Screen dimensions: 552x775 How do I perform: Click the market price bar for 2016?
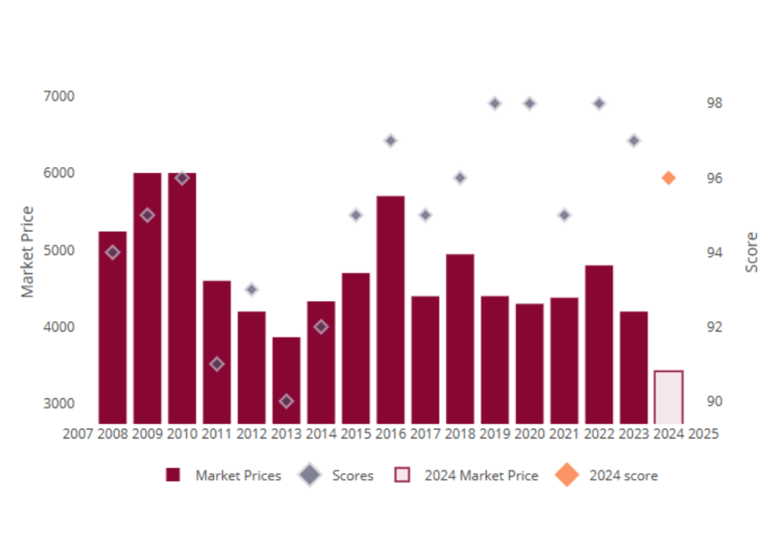[x=391, y=310]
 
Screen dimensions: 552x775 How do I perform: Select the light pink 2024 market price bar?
[x=668, y=397]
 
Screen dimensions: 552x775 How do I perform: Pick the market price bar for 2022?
[x=599, y=344]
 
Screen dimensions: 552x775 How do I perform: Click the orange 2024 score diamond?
[x=668, y=178]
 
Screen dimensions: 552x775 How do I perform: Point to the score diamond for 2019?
[x=495, y=104]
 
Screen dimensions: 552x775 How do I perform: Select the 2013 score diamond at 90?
[x=286, y=401]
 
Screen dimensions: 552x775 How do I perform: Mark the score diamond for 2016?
[x=391, y=141]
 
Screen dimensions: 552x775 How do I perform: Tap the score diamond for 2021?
[x=564, y=215]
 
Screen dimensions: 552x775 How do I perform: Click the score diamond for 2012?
[x=252, y=290]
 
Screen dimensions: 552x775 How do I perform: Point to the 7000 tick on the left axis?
[x=59, y=97]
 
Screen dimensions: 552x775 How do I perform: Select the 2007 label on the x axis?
[x=77, y=434]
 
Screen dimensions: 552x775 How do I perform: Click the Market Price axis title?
[x=27, y=252]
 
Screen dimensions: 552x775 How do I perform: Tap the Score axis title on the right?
[x=752, y=253]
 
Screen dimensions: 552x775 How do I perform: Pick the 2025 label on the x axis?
[x=703, y=434]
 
